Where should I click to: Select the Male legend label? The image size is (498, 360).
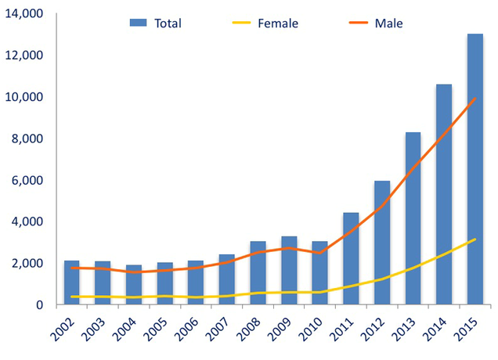pyautogui.click(x=388, y=23)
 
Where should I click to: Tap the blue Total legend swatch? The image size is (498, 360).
pyautogui.click(x=139, y=23)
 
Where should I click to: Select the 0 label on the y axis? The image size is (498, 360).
pyautogui.click(x=38, y=304)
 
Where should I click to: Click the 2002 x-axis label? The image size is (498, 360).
pyautogui.click(x=65, y=328)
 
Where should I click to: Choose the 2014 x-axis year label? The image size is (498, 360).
pyautogui.click(x=437, y=328)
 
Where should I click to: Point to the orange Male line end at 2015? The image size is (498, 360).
pyautogui.click(x=475, y=99)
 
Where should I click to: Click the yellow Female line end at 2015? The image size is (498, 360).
pyautogui.click(x=475, y=239)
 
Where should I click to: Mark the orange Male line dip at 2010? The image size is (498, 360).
pyautogui.click(x=319, y=253)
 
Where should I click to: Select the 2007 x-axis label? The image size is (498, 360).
pyautogui.click(x=220, y=328)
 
